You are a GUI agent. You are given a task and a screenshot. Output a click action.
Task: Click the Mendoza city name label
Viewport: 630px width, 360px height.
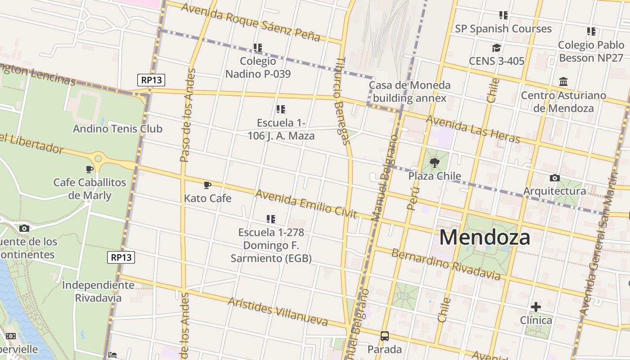[485, 237]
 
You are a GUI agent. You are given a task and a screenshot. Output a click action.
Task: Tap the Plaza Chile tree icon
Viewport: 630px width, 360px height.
[434, 163]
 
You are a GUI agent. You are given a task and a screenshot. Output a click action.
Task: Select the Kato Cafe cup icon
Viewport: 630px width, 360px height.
[207, 185]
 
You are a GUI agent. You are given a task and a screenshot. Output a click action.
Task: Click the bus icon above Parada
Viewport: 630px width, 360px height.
[385, 336]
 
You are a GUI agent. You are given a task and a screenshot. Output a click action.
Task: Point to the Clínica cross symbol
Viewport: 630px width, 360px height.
[535, 307]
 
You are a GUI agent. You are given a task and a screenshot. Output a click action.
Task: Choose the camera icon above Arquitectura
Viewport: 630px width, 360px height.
[554, 178]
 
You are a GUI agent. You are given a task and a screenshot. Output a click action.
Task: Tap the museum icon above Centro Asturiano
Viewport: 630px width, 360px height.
[563, 82]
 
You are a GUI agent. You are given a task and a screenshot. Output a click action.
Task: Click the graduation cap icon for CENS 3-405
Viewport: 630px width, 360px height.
[496, 48]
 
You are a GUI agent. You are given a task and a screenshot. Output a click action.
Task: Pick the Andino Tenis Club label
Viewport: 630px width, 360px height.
[117, 129]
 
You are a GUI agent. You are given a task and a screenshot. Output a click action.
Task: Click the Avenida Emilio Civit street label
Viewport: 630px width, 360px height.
[306, 204]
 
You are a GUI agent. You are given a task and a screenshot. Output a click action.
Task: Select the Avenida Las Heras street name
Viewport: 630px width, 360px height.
[472, 129]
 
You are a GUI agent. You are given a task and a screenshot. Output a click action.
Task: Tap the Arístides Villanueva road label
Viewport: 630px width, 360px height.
[278, 311]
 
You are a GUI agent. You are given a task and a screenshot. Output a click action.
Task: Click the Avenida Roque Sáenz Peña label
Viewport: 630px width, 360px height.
[251, 22]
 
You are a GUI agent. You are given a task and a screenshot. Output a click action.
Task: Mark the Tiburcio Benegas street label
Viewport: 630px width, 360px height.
[342, 101]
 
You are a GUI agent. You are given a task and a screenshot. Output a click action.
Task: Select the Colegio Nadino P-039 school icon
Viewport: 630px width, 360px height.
[257, 47]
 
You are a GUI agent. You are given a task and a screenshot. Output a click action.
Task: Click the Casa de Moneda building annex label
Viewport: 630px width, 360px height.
[409, 91]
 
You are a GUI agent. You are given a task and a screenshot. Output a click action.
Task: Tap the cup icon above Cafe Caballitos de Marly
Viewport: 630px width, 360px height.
[90, 169]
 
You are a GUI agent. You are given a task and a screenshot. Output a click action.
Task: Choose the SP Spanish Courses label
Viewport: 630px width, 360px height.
[503, 29]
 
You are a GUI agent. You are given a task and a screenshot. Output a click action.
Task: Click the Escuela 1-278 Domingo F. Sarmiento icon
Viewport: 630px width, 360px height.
[270, 219]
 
